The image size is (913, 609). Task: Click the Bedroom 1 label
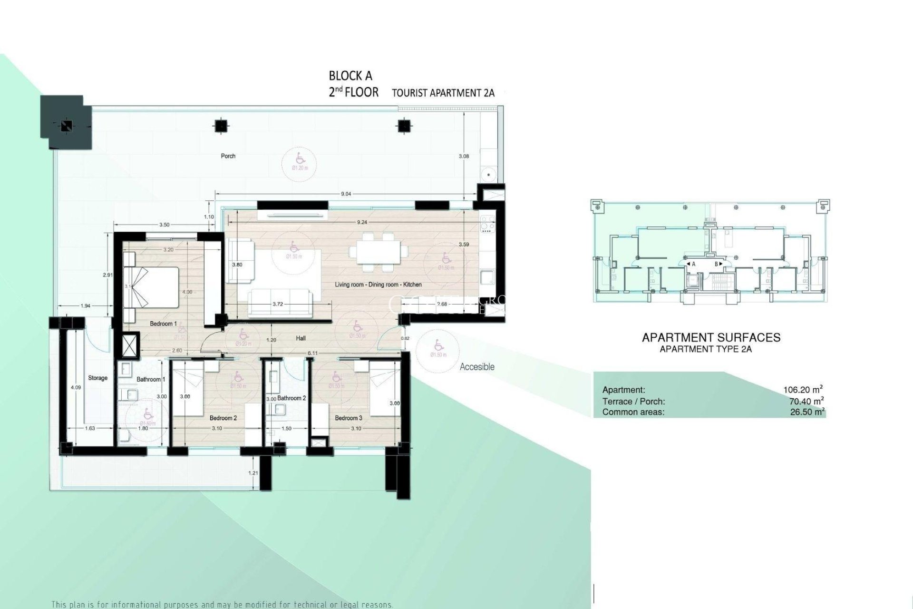click(163, 324)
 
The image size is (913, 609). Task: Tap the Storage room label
click(97, 378)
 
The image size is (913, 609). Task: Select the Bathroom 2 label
click(291, 398)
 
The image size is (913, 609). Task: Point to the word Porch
click(228, 156)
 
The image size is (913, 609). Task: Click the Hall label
click(301, 338)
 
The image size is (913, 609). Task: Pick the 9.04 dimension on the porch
click(346, 194)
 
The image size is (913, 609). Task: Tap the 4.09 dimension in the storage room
click(76, 388)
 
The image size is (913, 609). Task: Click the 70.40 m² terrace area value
click(806, 401)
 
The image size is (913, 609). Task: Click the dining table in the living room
click(379, 250)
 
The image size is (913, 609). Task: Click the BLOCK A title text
click(350, 76)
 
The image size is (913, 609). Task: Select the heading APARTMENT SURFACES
click(711, 338)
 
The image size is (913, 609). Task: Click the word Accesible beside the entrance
click(477, 367)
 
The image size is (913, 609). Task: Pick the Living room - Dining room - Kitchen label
click(378, 285)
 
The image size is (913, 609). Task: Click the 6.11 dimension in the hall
click(312, 353)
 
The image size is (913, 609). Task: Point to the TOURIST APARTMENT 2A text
click(443, 93)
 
